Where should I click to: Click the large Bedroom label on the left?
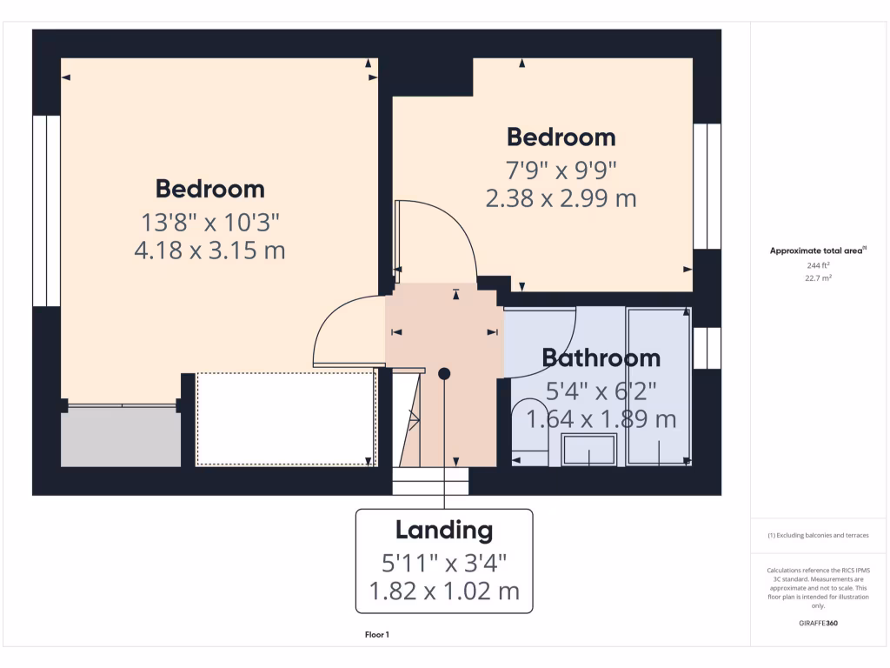pyautogui.click(x=209, y=189)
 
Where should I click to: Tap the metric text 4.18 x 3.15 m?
pyautogui.click(x=209, y=251)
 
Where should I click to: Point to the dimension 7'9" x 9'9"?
pyautogui.click(x=561, y=169)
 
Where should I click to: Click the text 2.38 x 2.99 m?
pyautogui.click(x=561, y=198)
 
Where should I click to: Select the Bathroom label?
pyautogui.click(x=601, y=357)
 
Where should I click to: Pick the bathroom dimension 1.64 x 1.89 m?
pyautogui.click(x=601, y=419)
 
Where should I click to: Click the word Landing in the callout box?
pyautogui.click(x=444, y=530)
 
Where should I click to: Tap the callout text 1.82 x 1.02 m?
pyautogui.click(x=444, y=591)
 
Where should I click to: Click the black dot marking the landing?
pyautogui.click(x=445, y=373)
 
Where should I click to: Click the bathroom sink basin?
pyautogui.click(x=588, y=451)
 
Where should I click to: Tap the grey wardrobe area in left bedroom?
pyautogui.click(x=120, y=436)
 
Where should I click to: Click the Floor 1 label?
pyautogui.click(x=376, y=635)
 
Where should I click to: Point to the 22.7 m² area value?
pyautogui.click(x=817, y=278)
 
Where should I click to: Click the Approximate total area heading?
pyautogui.click(x=818, y=250)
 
